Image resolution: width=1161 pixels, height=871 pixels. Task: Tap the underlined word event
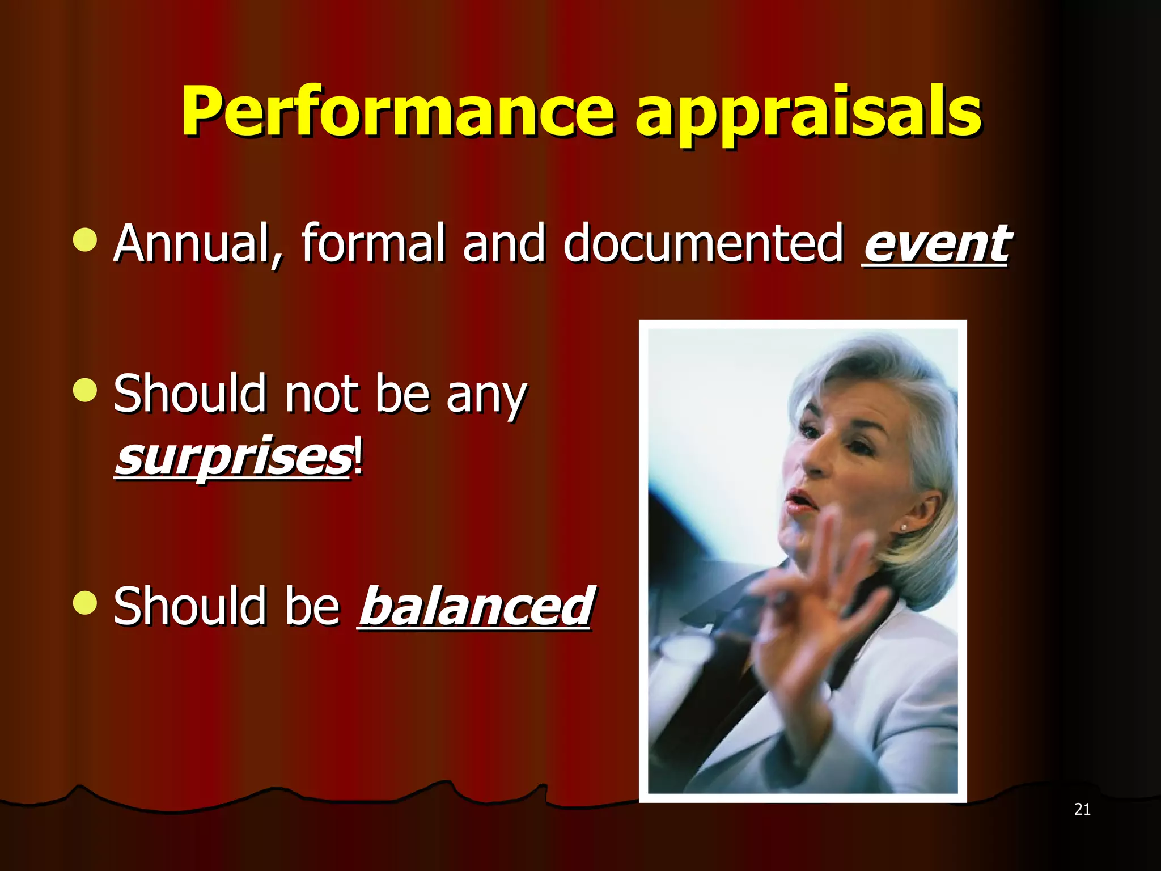(x=937, y=244)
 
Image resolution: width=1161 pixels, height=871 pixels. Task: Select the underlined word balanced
(x=476, y=607)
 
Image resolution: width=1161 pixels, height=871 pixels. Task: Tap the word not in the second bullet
(x=321, y=394)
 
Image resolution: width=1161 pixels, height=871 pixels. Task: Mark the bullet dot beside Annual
(x=85, y=240)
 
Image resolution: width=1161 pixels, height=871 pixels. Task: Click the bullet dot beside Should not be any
(x=85, y=390)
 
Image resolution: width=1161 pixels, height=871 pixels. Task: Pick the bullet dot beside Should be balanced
(x=85, y=603)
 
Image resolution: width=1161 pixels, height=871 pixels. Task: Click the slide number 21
(x=1082, y=809)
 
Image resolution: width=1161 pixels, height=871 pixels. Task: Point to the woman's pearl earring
(x=903, y=528)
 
